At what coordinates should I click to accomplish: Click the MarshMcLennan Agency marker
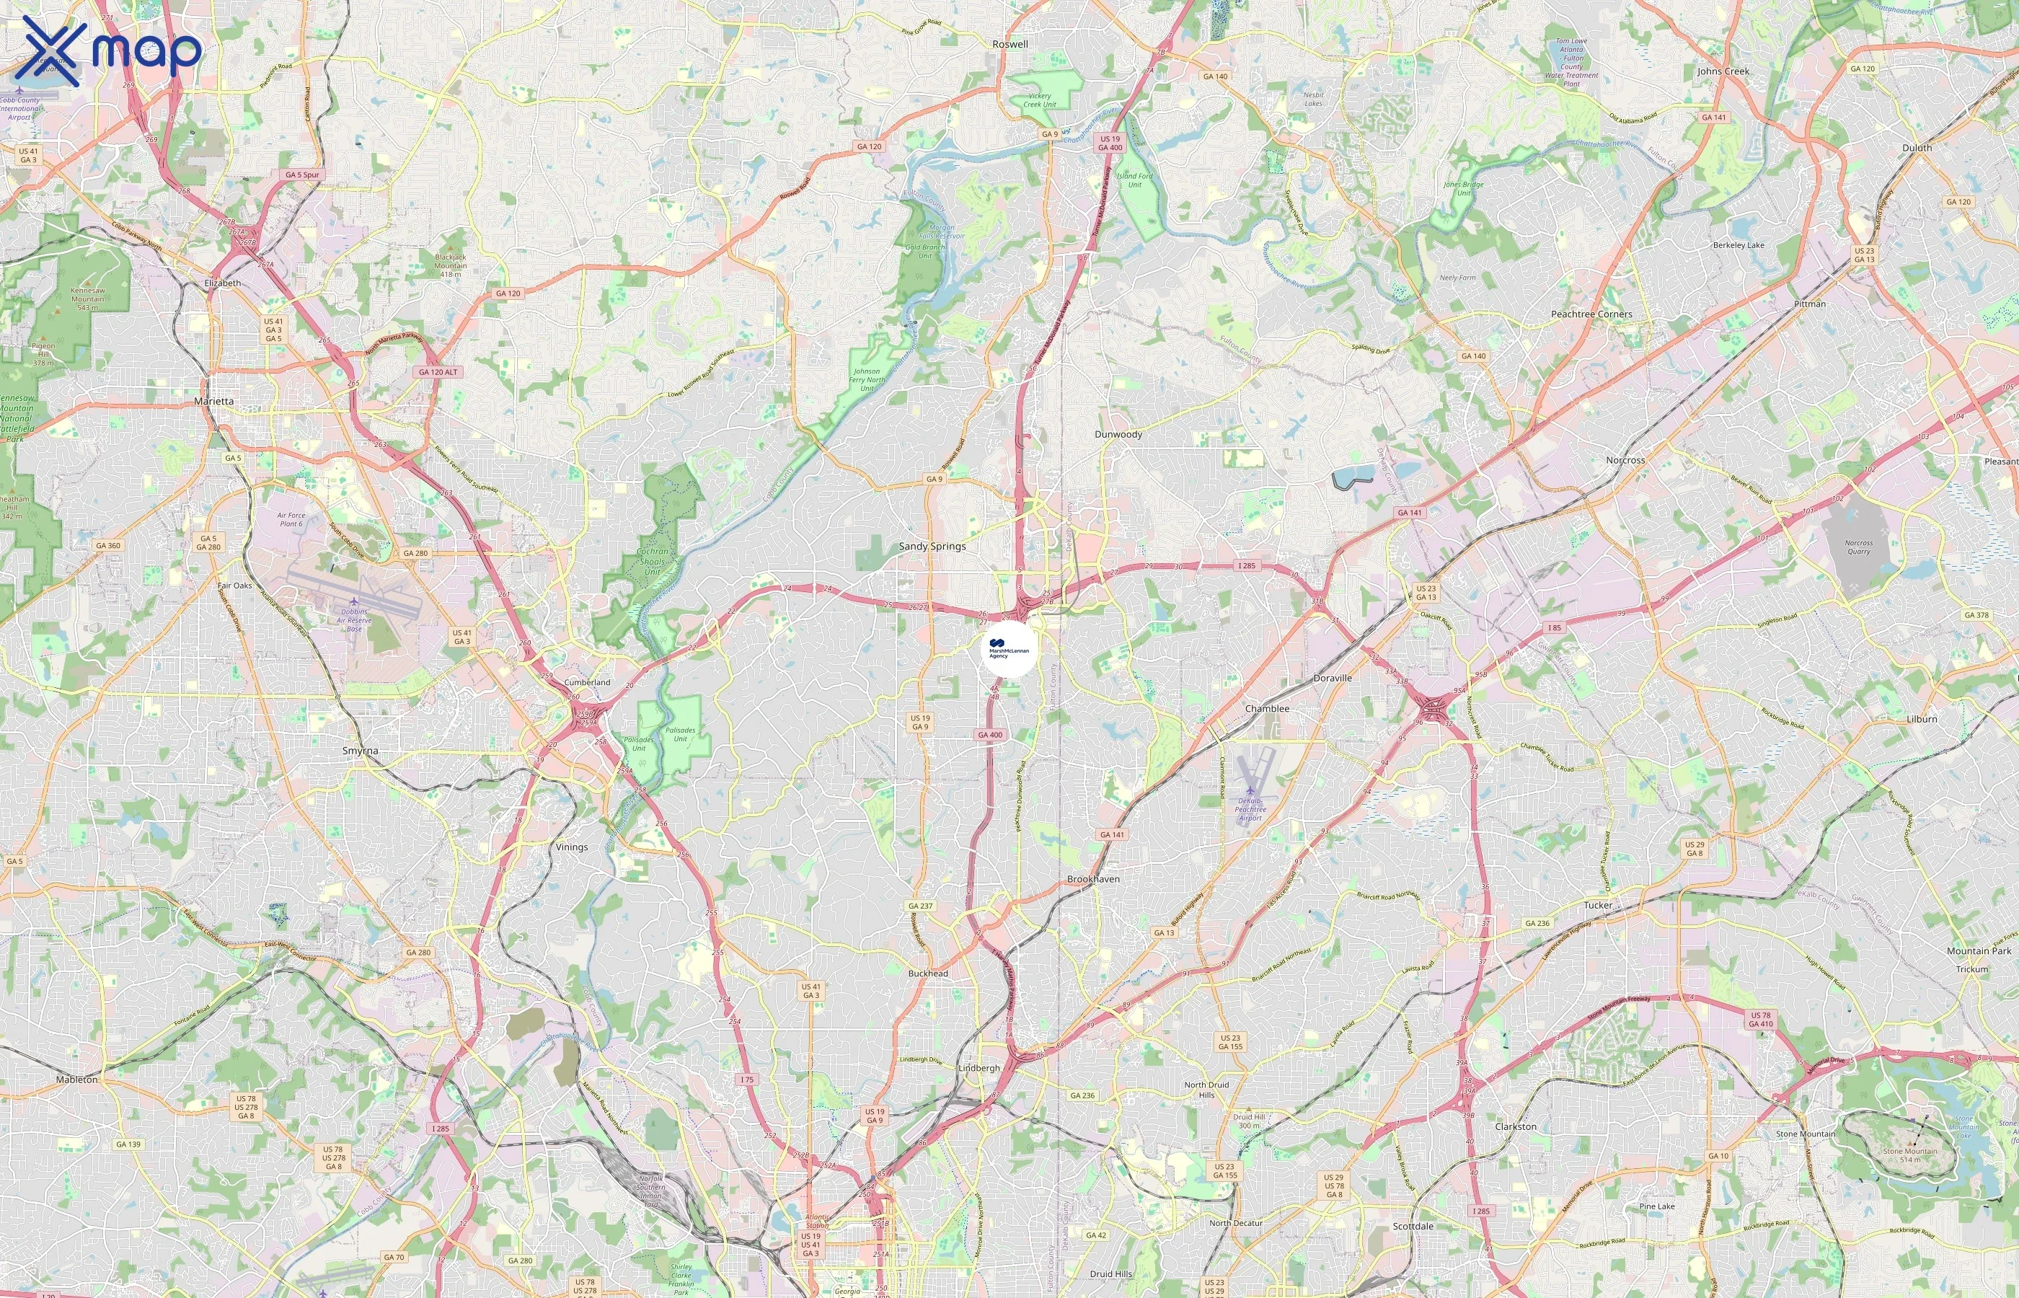[1009, 650]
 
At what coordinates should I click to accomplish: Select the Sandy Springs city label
[932, 546]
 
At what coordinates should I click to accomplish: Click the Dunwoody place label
[1118, 434]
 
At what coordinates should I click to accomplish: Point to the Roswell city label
[1009, 44]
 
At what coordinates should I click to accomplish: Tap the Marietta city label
[214, 401]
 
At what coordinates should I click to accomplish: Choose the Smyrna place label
[360, 750]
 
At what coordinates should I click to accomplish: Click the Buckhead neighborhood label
[928, 973]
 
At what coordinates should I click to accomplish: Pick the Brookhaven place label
[1093, 879]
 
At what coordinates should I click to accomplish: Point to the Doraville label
[1333, 678]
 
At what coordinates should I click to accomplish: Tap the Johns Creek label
[1723, 71]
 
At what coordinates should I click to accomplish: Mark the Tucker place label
[1598, 905]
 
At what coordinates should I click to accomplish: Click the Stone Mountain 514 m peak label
[1909, 1154]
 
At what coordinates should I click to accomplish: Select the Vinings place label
[571, 847]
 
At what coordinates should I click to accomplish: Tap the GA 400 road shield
[990, 735]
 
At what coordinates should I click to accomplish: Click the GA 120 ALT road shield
[438, 371]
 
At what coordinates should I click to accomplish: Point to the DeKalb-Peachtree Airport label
[1250, 808]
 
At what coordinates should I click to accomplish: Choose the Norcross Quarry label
[1858, 547]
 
